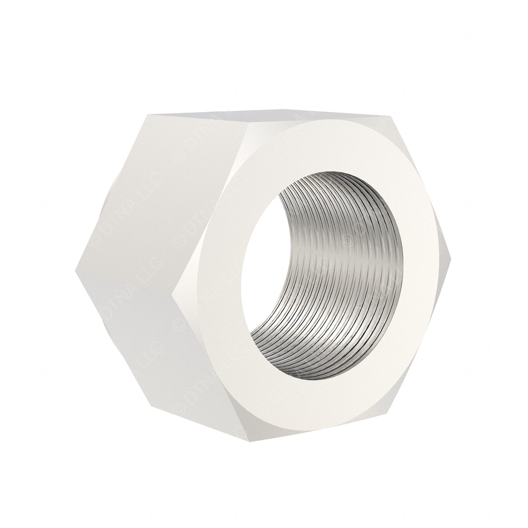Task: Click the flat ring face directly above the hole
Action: pyautogui.click(x=317, y=145)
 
